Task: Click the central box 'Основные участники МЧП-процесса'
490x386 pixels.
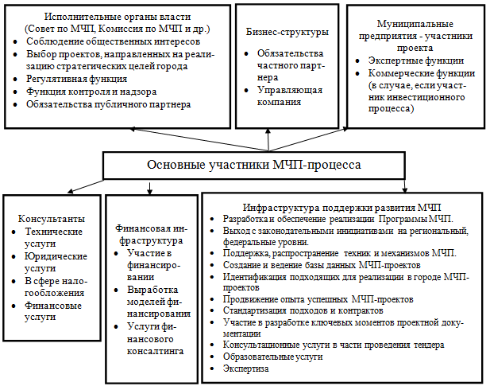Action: click(x=254, y=165)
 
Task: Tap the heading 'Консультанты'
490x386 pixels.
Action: click(x=50, y=216)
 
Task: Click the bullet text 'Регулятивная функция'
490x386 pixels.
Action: click(x=76, y=80)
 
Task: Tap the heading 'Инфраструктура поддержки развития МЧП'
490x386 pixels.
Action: click(x=342, y=206)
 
